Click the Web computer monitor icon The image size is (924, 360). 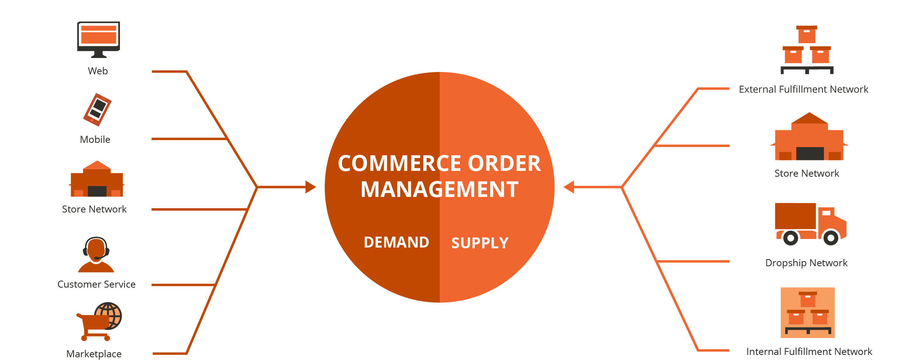click(x=98, y=39)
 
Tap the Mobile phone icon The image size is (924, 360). click(x=97, y=110)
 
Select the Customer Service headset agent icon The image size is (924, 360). click(x=96, y=255)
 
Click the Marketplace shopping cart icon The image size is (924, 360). click(x=99, y=321)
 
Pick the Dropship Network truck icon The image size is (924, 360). click(x=810, y=223)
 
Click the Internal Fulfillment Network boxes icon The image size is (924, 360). click(x=808, y=313)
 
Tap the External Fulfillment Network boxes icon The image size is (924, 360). click(x=807, y=50)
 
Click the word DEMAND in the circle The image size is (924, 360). click(x=396, y=242)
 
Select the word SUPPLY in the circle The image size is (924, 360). click(x=480, y=243)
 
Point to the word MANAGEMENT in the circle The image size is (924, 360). click(x=439, y=190)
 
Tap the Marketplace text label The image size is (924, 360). click(x=94, y=354)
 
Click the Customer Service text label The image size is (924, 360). click(x=96, y=284)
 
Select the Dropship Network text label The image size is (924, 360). click(x=806, y=263)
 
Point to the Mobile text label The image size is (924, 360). click(x=95, y=140)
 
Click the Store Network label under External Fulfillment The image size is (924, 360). click(x=807, y=174)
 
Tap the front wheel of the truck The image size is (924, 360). click(x=831, y=237)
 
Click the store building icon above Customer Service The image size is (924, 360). click(x=97, y=179)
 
